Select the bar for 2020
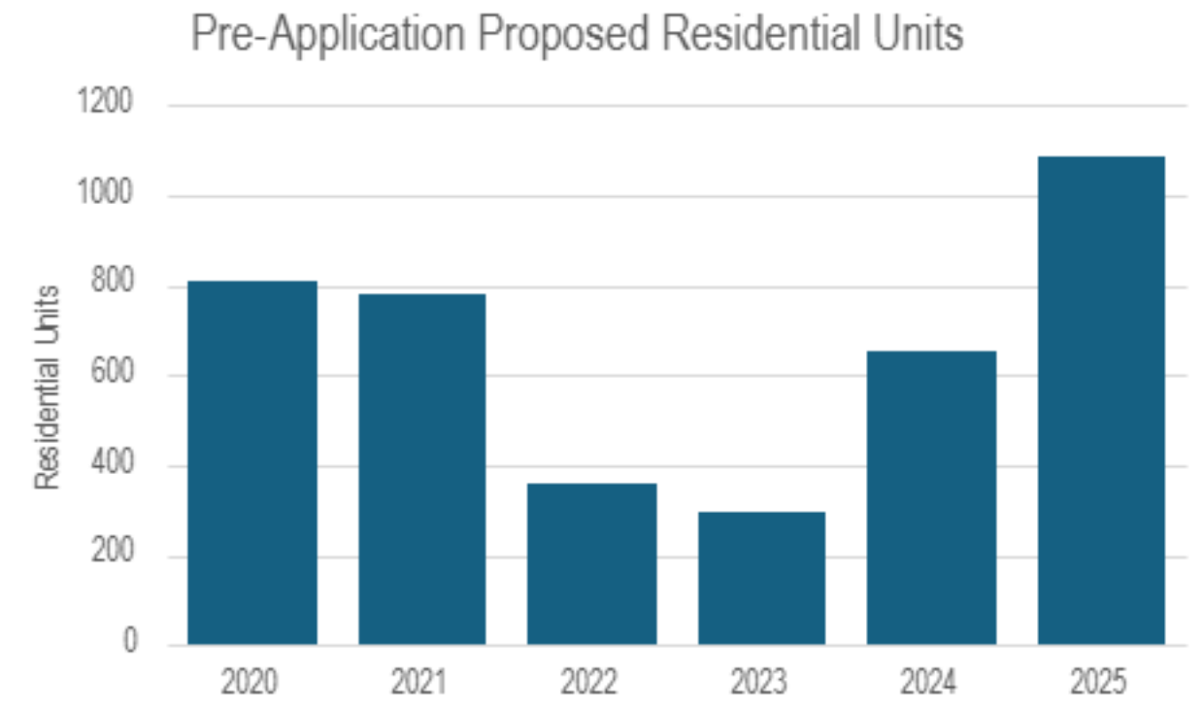pos(252,462)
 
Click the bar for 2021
pos(421,469)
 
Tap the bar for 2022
pos(591,563)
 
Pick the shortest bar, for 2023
pos(761,578)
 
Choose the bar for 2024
pos(931,497)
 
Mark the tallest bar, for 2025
pos(1101,400)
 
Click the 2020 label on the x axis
pos(250,682)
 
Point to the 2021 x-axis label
pos(418,682)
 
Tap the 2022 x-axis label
pos(588,682)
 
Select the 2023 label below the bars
pos(758,682)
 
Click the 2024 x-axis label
pos(928,682)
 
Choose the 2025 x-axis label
pos(1098,682)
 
